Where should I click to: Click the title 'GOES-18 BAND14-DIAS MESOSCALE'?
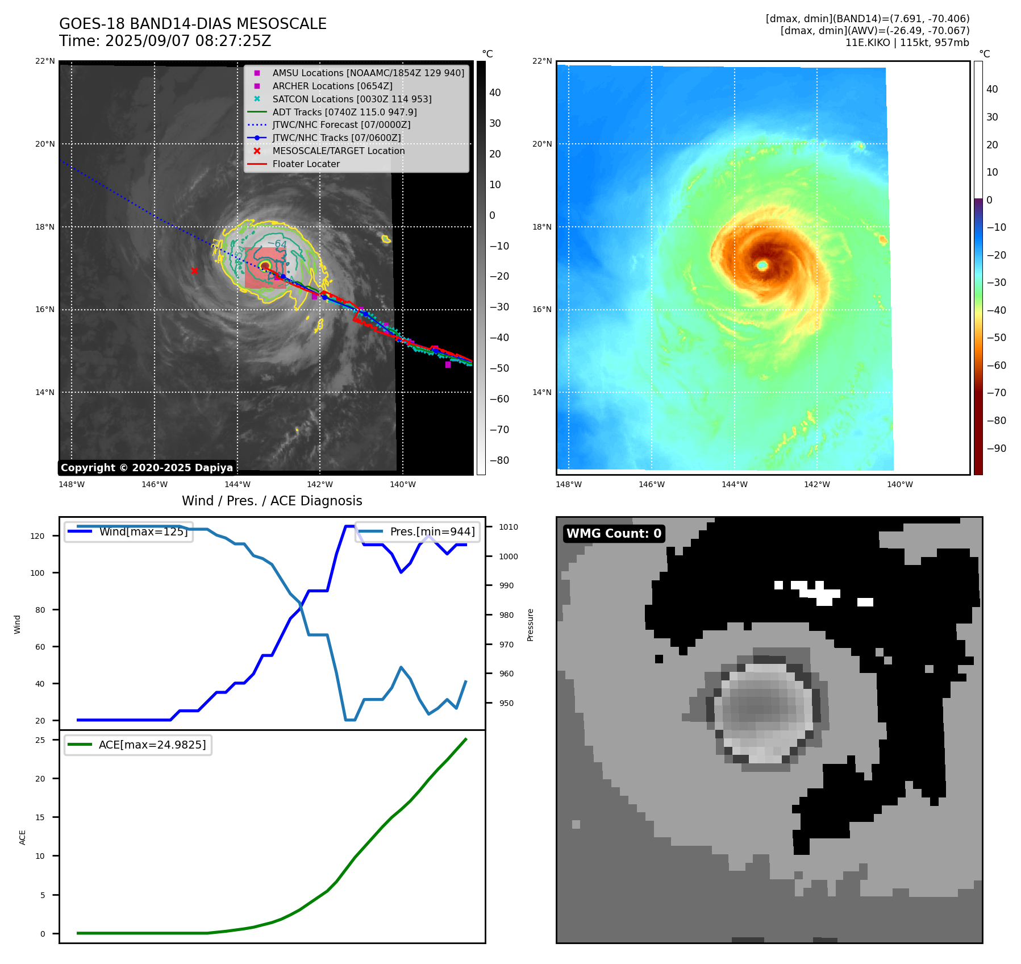tap(193, 24)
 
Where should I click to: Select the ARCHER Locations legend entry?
tap(332, 86)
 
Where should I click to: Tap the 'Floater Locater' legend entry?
tap(306, 164)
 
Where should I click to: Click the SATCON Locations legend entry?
tap(352, 99)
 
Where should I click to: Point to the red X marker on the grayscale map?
tap(194, 271)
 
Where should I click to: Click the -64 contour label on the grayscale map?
tap(278, 244)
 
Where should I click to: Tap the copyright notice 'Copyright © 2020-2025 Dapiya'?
tap(147, 468)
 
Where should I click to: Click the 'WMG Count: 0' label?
tap(614, 533)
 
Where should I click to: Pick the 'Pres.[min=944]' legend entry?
tap(432, 531)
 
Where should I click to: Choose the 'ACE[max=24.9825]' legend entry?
tap(152, 745)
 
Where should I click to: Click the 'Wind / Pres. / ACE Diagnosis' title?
tap(272, 501)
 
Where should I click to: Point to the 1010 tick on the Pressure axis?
tap(509, 527)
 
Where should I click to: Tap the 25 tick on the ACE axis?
tap(40, 740)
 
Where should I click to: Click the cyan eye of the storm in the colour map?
tap(762, 265)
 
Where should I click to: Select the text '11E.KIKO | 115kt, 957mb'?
tap(907, 43)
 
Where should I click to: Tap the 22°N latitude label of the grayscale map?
tap(45, 61)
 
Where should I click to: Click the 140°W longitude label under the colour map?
tap(899, 484)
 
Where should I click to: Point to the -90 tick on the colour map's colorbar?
tap(996, 448)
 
